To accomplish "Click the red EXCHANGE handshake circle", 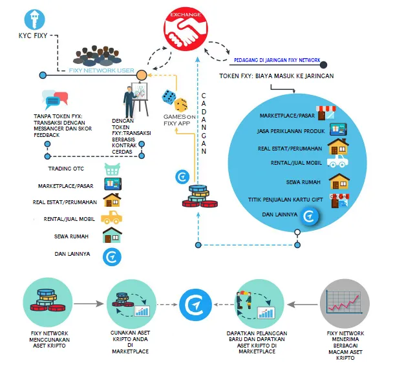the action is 186,29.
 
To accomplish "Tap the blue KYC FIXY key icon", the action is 35,19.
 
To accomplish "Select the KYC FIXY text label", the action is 33,36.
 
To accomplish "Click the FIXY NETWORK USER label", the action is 101,70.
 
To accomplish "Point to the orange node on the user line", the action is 142,75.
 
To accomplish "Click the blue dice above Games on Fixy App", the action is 169,97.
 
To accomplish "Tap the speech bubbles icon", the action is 55,99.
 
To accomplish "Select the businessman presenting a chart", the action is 136,99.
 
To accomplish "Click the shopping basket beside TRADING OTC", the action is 112,169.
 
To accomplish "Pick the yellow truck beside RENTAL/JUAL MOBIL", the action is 112,217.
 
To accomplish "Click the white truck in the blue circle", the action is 337,161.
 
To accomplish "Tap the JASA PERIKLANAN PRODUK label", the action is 291,131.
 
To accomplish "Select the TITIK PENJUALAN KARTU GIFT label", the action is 286,200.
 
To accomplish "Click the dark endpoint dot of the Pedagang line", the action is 324,65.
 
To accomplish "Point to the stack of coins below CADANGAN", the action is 200,196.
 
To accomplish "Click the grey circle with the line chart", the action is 345,304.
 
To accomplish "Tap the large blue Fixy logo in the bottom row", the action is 196,305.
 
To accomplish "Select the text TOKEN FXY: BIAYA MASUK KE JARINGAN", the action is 277,76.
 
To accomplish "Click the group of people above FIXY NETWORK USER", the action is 97,56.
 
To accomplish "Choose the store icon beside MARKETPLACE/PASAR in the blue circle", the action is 326,113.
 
